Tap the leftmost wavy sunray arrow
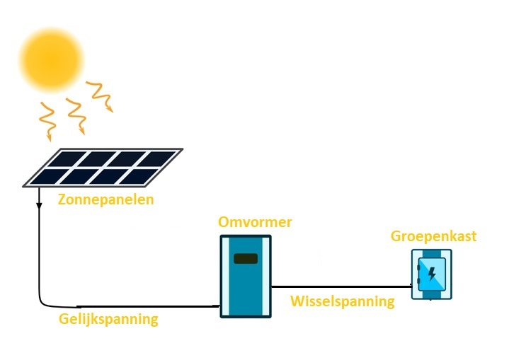pyautogui.click(x=47, y=120)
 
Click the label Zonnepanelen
pyautogui.click(x=105, y=199)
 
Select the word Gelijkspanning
pyautogui.click(x=108, y=319)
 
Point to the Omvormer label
pyautogui.click(x=256, y=223)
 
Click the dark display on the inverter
pyautogui.click(x=246, y=258)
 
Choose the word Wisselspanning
pyautogui.click(x=343, y=301)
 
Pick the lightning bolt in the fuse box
pyautogui.click(x=432, y=272)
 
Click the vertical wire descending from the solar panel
pyautogui.click(x=40, y=248)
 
